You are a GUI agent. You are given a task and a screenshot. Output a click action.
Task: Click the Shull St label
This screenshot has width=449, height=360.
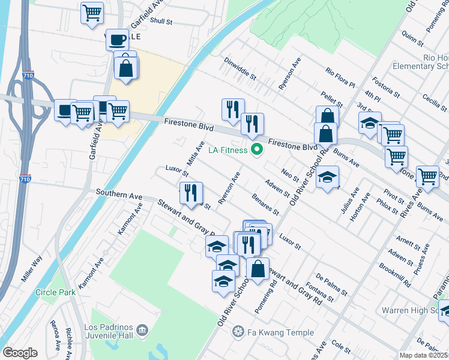coord(161,21)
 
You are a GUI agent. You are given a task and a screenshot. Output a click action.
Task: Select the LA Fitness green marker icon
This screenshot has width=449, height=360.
coord(257,150)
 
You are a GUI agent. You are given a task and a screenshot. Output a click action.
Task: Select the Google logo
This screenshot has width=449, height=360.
coord(20,353)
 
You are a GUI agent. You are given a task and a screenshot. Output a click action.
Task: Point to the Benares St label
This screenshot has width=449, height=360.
coord(265,205)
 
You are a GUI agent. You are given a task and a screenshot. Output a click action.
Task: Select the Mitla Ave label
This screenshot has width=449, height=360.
coord(196,154)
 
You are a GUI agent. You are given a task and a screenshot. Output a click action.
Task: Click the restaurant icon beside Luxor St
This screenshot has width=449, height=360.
coord(188,193)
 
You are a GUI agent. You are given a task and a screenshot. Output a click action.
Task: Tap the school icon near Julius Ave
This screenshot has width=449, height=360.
coord(327,177)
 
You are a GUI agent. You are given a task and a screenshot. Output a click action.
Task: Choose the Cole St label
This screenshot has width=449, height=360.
coord(340,347)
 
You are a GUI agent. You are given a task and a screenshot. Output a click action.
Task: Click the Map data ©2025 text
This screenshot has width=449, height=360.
coord(423,355)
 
